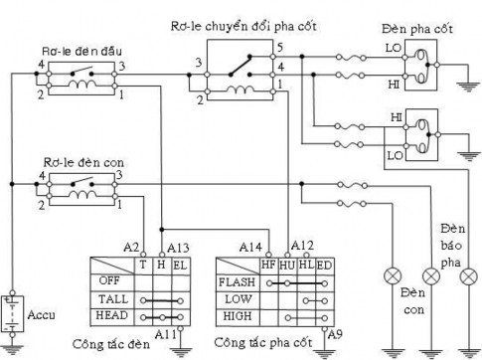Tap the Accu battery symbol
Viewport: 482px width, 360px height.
point(13,311)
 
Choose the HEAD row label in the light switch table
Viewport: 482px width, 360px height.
point(110,314)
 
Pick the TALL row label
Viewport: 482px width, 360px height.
point(110,297)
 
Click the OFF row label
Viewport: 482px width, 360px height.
point(108,280)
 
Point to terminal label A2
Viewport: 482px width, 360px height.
point(131,246)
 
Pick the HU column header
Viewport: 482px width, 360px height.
point(287,265)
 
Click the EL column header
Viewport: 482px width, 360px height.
point(179,265)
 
